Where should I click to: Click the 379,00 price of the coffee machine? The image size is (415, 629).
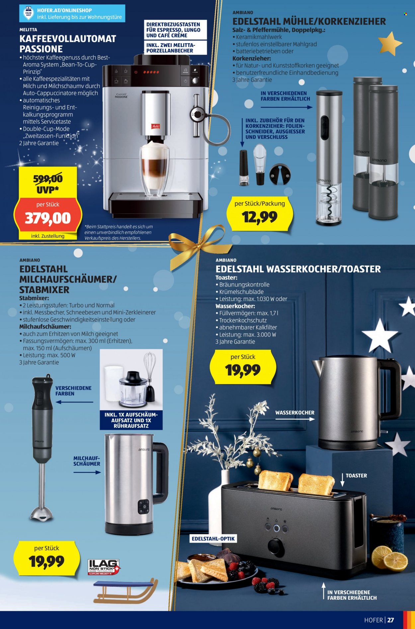tap(48, 218)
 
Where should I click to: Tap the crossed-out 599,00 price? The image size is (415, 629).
tap(48, 179)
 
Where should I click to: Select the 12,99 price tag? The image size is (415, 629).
tap(260, 217)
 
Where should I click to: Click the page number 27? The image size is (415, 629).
tap(391, 620)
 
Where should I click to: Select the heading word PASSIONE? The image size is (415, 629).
tap(41, 49)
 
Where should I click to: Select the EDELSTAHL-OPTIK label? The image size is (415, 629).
tap(213, 539)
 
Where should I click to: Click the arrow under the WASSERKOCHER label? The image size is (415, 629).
tap(295, 419)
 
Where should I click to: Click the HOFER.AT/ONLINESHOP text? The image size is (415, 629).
tap(64, 10)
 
